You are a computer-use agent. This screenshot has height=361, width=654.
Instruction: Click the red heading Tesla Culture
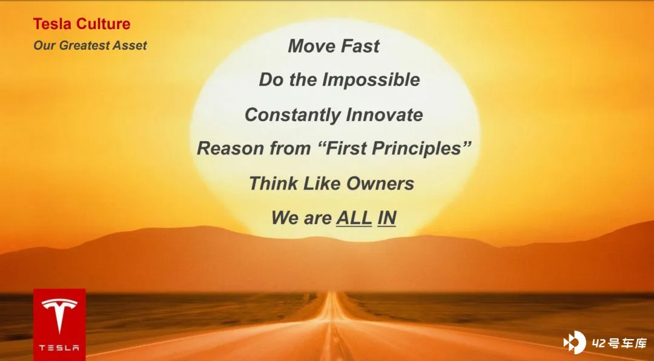coord(82,24)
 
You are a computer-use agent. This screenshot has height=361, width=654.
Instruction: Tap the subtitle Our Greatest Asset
coord(90,45)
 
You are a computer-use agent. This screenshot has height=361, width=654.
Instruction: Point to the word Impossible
coord(371,80)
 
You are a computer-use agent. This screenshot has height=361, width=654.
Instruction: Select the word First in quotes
coord(346,148)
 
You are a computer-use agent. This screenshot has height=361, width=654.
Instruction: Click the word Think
coord(273,183)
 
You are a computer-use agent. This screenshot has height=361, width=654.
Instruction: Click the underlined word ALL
coord(354,218)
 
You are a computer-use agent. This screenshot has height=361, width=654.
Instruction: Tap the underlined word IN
coord(386,218)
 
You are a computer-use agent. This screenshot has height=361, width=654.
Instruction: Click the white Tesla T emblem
coord(59,316)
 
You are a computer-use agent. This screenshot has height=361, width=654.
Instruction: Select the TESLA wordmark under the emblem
coord(59,348)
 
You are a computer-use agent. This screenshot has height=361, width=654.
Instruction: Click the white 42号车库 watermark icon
coord(574,343)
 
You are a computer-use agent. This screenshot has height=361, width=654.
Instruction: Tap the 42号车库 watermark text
coord(619,343)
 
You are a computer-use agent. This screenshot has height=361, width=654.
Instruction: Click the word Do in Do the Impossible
coord(271,80)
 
